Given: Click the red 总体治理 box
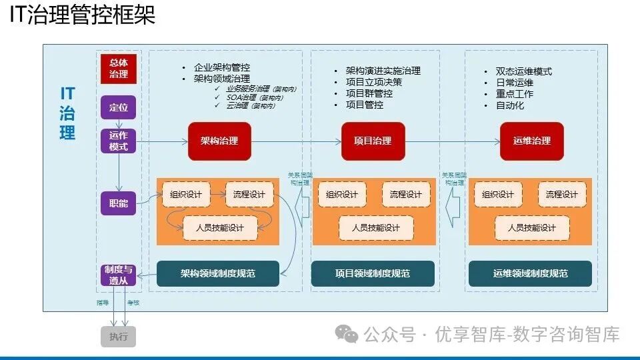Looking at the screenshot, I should [x=119, y=69].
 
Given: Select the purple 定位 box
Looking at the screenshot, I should [x=119, y=107].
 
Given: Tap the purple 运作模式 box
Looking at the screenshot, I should [x=119, y=141].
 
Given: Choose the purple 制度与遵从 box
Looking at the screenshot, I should [x=119, y=275].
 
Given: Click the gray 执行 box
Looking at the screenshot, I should [x=119, y=337].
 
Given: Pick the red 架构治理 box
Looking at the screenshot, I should [x=219, y=141].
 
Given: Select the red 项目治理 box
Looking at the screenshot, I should [x=373, y=141].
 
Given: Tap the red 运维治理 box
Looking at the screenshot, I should [x=532, y=141].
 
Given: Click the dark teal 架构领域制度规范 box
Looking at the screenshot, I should [x=218, y=273].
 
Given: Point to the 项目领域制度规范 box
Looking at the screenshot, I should [x=373, y=273].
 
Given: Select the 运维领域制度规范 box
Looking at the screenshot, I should [x=531, y=273].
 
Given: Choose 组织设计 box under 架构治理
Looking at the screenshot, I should [x=186, y=195].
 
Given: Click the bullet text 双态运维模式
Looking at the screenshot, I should [x=524, y=71].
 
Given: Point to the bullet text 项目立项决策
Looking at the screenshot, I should [x=373, y=82].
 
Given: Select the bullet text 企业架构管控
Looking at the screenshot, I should [x=221, y=67].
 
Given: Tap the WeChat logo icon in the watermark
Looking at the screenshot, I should [x=347, y=333].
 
